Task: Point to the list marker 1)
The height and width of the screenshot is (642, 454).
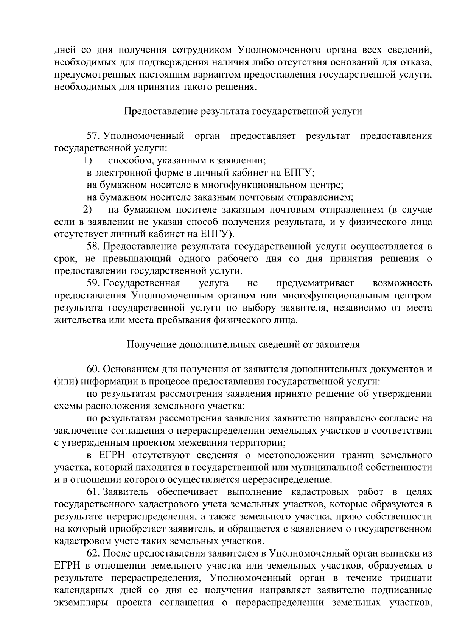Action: coord(88,160)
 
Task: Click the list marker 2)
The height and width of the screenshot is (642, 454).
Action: coord(88,210)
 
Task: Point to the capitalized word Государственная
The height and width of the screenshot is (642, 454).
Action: coord(141,283)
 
